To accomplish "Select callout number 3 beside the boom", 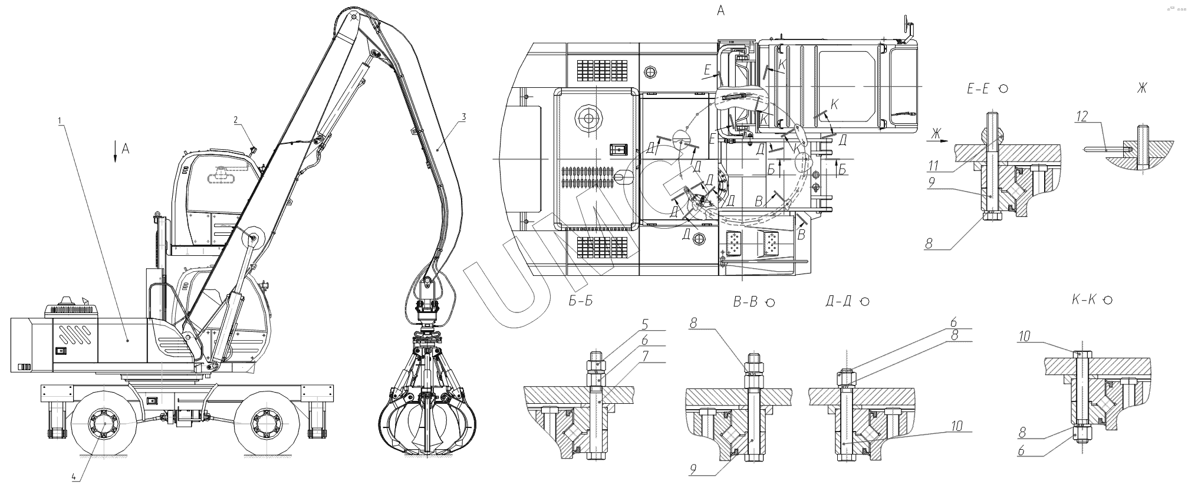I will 464,117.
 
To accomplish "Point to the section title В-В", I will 745,302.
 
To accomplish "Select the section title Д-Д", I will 840,302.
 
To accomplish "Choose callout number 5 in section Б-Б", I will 645,323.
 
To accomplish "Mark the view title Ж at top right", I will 1142,88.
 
